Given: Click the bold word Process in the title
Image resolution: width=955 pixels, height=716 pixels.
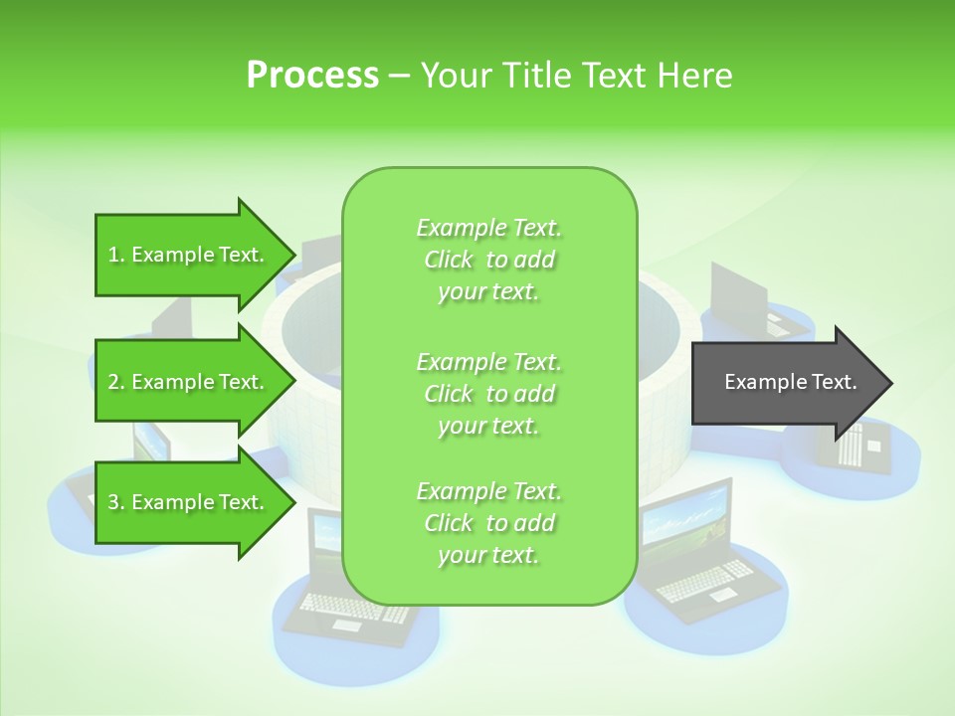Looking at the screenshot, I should pos(312,76).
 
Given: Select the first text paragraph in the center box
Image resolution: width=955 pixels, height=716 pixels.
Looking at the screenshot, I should pos(488,260).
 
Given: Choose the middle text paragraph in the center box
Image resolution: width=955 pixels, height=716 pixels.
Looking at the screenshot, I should pos(488,394).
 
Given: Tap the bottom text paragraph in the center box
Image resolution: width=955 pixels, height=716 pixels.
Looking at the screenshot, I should pos(488,523).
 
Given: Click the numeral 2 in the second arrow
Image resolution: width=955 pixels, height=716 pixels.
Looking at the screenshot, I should pos(113,382).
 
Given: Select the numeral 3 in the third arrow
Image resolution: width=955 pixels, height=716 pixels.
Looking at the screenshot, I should pos(113,502).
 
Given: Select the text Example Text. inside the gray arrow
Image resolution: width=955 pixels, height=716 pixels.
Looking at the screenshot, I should pos(790,382).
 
